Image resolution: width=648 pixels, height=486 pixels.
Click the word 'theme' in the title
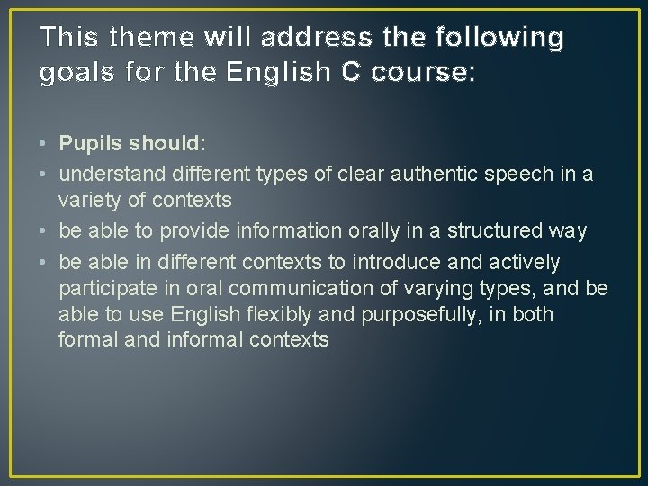[141, 38]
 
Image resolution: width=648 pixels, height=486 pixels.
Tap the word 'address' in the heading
[316, 38]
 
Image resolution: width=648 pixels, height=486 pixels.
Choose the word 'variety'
[88, 198]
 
